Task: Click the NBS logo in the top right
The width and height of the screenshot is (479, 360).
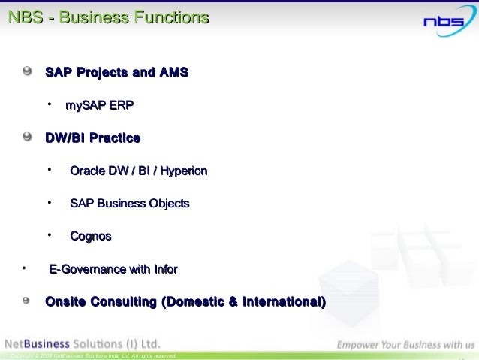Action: [x=444, y=21]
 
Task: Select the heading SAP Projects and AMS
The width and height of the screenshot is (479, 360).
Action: [x=116, y=73]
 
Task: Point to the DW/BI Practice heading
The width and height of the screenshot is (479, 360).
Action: [x=92, y=138]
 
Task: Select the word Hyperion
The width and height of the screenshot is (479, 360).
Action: [x=179, y=171]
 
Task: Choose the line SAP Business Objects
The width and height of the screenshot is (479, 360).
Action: [x=129, y=204]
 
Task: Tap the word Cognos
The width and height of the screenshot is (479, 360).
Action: [x=90, y=237]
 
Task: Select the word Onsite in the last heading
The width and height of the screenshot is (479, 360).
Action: [x=65, y=302]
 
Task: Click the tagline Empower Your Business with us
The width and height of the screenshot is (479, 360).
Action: [x=405, y=345]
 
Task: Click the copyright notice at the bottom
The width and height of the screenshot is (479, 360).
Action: [x=90, y=355]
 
